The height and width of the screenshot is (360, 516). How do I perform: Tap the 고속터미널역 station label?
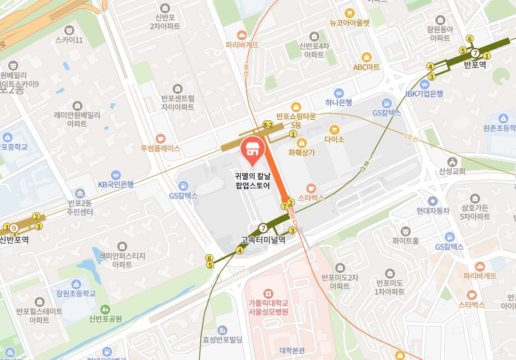(263, 240)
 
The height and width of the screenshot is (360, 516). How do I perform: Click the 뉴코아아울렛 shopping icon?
(350, 12)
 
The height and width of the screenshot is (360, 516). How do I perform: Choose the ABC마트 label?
(366, 66)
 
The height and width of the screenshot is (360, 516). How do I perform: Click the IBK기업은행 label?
(424, 93)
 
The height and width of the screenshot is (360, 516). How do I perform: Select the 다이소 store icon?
(335, 129)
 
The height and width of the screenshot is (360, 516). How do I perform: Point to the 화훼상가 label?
(301, 152)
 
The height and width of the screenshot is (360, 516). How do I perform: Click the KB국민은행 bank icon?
(115, 175)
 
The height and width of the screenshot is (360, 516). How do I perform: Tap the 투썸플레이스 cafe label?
(161, 149)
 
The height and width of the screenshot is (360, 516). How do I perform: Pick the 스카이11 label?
(69, 40)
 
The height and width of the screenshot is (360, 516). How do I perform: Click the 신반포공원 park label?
(105, 318)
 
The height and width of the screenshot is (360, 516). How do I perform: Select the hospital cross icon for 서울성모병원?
(268, 293)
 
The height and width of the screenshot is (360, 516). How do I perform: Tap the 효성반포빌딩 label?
(222, 339)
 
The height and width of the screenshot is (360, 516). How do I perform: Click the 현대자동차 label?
(432, 211)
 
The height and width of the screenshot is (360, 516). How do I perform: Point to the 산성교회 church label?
(452, 171)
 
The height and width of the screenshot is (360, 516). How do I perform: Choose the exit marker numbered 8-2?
(268, 125)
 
